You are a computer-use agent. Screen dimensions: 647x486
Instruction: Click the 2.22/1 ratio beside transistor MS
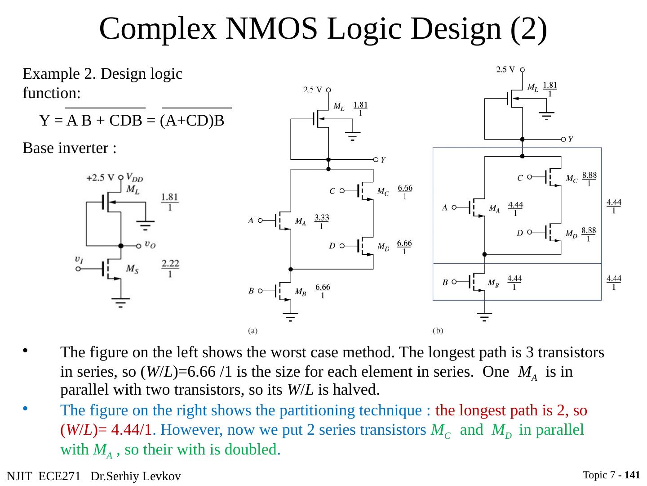(x=170, y=268)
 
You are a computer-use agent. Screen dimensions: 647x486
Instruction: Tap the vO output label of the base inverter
(x=150, y=244)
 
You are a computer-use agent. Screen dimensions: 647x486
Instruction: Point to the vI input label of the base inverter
(x=79, y=259)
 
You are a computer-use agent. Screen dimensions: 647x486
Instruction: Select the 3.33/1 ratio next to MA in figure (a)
(x=321, y=221)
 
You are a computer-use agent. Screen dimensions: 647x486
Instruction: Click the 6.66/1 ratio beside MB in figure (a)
(x=323, y=291)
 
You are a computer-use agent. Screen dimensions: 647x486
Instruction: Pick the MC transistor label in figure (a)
(x=383, y=192)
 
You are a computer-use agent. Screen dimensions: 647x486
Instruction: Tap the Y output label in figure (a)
(x=383, y=160)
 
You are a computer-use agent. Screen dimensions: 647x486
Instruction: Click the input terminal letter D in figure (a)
(x=332, y=246)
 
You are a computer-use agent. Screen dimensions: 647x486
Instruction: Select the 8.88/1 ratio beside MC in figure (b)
(x=589, y=179)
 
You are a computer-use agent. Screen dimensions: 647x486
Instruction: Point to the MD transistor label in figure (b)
(x=571, y=234)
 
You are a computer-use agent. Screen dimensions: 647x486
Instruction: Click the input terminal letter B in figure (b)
(x=445, y=283)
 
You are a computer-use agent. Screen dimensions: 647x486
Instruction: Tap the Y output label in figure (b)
(x=570, y=139)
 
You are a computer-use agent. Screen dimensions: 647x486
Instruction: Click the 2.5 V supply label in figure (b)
(x=505, y=70)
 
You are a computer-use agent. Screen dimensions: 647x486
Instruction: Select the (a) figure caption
(x=253, y=331)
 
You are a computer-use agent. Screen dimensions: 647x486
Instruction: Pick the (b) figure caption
(x=438, y=331)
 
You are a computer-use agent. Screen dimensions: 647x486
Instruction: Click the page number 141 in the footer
(x=632, y=475)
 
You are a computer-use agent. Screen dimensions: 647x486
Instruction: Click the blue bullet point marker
(x=25, y=409)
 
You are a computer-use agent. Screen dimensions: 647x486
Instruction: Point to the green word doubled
(x=253, y=450)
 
